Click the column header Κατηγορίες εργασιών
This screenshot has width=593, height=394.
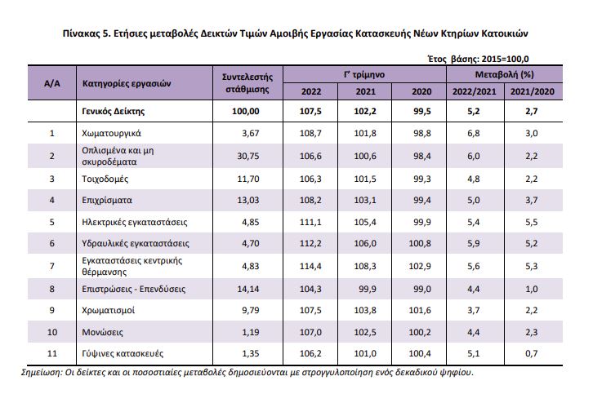pyautogui.click(x=127, y=83)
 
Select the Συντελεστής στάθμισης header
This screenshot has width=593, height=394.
pyautogui.click(x=247, y=83)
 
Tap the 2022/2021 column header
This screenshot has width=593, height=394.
pyautogui.click(x=475, y=91)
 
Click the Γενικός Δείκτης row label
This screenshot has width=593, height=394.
pyautogui.click(x=113, y=112)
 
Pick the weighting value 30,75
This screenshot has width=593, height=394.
pyautogui.click(x=248, y=156)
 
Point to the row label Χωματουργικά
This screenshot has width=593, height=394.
pyautogui.click(x=111, y=133)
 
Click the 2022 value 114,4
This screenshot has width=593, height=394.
pyautogui.click(x=310, y=266)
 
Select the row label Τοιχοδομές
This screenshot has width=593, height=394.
pyautogui.click(x=105, y=179)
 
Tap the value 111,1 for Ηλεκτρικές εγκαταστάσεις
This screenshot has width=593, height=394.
pyautogui.click(x=310, y=222)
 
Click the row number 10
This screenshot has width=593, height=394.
pyautogui.click(x=52, y=333)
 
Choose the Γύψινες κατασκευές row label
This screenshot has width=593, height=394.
pyautogui.click(x=123, y=353)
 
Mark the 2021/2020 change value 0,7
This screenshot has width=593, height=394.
pyautogui.click(x=532, y=353)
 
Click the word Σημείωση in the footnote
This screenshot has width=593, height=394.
pyautogui.click(x=41, y=373)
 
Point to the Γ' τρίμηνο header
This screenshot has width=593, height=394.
pyautogui.click(x=364, y=74)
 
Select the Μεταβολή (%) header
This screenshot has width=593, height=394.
pyautogui.click(x=505, y=74)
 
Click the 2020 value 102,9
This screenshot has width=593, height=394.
pyautogui.click(x=420, y=266)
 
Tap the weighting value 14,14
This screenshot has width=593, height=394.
pyautogui.click(x=248, y=290)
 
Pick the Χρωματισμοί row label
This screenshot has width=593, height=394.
pyautogui.click(x=108, y=311)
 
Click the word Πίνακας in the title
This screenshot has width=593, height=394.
pyautogui.click(x=82, y=33)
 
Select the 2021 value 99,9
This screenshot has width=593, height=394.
pyautogui.click(x=368, y=290)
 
